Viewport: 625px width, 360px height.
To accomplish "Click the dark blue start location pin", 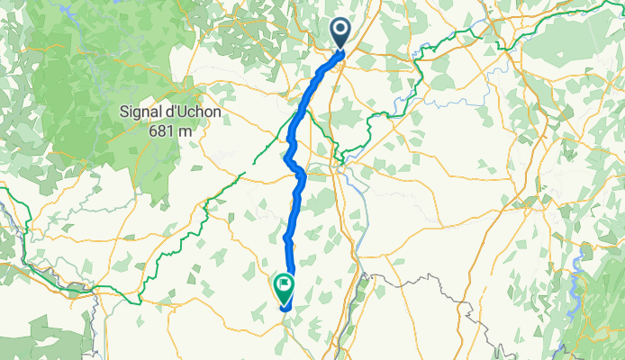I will click(342, 32).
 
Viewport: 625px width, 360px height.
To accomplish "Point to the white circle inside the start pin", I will click(342, 29).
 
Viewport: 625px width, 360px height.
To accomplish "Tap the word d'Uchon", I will click(194, 112).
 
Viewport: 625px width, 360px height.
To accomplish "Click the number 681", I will click(163, 130).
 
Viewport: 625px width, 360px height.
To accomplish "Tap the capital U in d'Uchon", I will click(182, 112).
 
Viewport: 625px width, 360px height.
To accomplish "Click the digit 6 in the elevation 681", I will click(154, 130).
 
